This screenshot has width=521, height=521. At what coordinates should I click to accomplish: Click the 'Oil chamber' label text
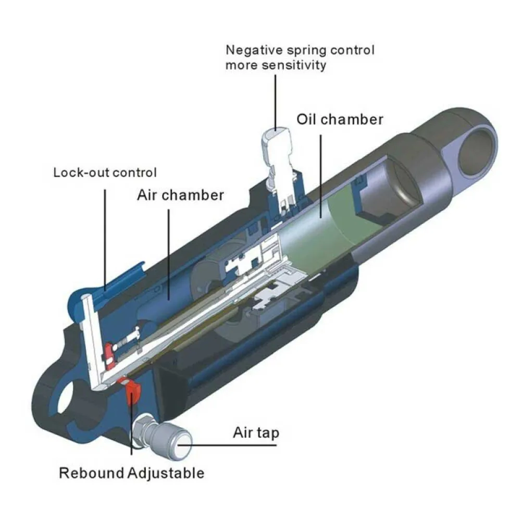click(340, 119)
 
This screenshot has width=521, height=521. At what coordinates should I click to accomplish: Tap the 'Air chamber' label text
click(180, 195)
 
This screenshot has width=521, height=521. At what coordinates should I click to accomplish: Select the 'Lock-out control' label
click(105, 172)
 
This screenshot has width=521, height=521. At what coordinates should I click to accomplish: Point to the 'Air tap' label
click(256, 432)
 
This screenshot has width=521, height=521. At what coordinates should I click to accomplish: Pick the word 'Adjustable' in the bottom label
click(166, 474)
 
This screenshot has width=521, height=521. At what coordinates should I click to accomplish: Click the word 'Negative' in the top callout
click(254, 51)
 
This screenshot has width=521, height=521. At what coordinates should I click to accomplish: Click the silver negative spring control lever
click(276, 151)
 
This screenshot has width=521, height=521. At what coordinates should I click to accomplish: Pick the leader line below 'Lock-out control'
click(105, 234)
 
